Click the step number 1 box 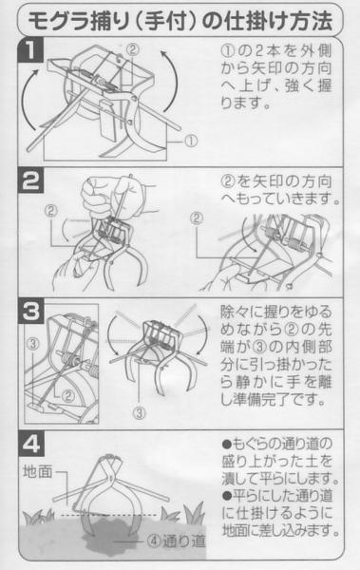coord(31,49)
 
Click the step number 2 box coord(31,180)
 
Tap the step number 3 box coord(31,312)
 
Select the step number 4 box coord(31,443)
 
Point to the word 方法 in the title coord(312,21)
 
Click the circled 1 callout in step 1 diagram coord(191,141)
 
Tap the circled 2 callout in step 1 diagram coord(133,48)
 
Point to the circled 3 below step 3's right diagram coord(140,412)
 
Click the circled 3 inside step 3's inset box coord(33,344)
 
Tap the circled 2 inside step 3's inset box coord(68,395)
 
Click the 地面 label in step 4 coord(38,471)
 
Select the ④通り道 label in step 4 coord(177,541)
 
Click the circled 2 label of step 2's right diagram coord(197,218)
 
